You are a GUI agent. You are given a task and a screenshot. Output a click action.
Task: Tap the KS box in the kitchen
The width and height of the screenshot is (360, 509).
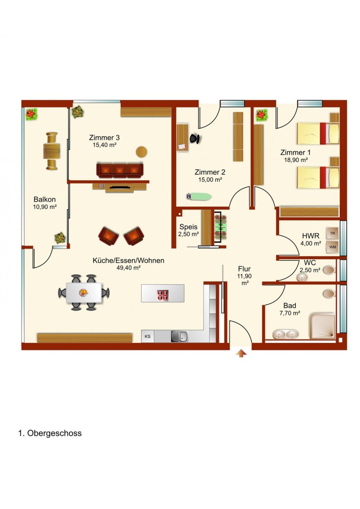tap(148, 336)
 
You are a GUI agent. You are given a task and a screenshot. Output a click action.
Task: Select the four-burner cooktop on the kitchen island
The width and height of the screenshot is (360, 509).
tap(163, 295)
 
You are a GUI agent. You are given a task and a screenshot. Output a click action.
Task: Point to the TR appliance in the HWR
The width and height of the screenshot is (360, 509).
tap(333, 233)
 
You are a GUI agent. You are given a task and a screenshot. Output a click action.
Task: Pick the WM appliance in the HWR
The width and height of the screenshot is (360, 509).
tap(333, 247)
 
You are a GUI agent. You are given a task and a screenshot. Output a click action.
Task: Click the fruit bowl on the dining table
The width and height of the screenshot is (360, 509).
tap(83, 292)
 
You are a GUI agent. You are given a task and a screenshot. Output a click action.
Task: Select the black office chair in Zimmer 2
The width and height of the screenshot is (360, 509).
tap(195, 138)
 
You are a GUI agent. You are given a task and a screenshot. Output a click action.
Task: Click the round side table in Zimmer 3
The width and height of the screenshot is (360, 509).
tap(142, 152)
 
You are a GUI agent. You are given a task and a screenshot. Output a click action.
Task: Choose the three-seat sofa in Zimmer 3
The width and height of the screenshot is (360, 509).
tap(120, 170)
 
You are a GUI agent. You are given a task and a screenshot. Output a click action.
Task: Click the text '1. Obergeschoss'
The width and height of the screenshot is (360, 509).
tap(50, 433)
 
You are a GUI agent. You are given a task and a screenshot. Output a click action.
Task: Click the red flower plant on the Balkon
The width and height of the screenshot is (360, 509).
tap(31, 114)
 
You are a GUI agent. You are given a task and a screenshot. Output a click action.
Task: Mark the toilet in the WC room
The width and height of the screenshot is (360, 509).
tap(329, 270)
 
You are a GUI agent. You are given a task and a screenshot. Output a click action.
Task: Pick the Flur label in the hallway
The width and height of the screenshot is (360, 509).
tap(244, 269)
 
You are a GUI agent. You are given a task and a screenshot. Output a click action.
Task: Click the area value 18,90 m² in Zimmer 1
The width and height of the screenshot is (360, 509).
tap(296, 160)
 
